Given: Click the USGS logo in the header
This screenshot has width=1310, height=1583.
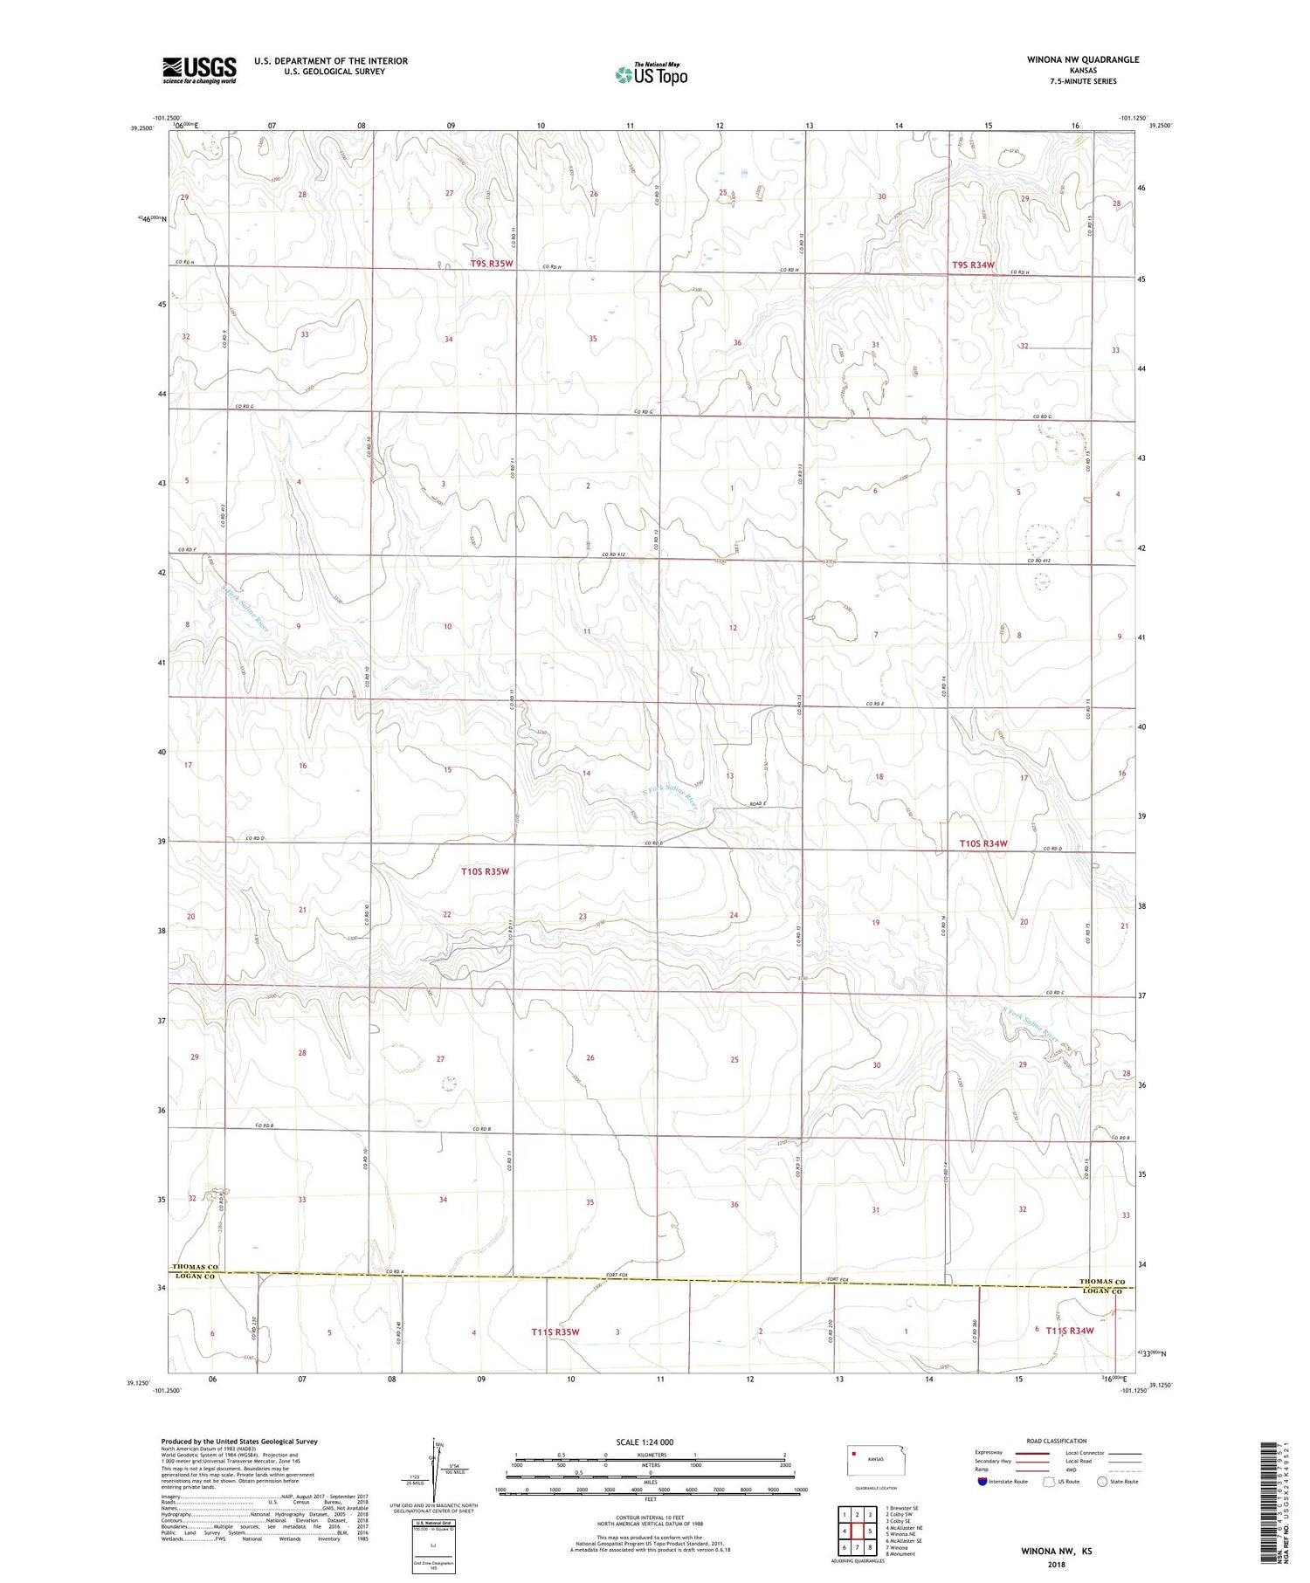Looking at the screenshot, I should [199, 70].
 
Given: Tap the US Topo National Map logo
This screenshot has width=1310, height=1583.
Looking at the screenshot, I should [652, 74].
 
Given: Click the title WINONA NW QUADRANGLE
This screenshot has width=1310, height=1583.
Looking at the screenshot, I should [1083, 59].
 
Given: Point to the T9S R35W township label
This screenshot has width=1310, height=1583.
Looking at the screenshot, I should [492, 263].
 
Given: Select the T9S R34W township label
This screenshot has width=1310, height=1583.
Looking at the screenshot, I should [973, 265].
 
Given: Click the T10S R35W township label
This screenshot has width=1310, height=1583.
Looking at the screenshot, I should [485, 871].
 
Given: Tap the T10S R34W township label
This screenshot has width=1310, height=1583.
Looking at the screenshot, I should [983, 843].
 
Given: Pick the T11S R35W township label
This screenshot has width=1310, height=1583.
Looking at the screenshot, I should [555, 1332].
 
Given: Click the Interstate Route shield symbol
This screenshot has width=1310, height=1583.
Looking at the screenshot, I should [982, 1482].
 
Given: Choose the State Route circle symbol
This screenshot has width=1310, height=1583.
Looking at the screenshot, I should [1102, 1482].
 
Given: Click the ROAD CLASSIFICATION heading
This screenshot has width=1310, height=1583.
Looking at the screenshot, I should [1056, 1441].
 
